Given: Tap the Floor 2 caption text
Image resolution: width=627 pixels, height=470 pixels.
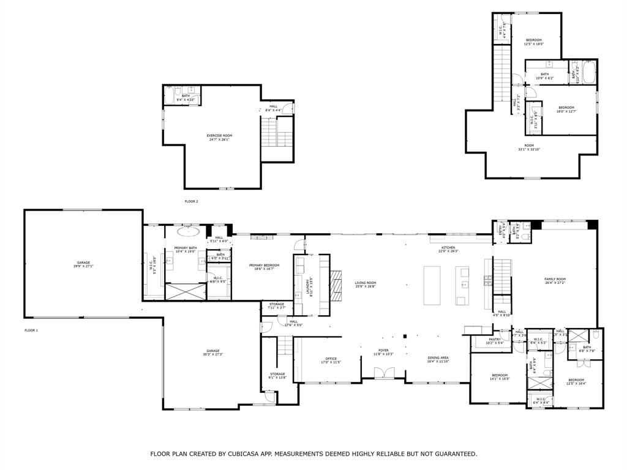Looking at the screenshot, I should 192,201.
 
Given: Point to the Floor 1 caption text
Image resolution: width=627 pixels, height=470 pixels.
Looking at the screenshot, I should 31,330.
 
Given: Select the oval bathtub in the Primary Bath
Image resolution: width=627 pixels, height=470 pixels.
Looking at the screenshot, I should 189,232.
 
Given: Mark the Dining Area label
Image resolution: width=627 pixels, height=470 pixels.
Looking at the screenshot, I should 438,359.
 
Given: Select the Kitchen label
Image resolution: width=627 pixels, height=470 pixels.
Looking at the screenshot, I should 448,248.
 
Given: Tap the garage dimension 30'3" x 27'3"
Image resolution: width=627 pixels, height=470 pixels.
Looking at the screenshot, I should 213,354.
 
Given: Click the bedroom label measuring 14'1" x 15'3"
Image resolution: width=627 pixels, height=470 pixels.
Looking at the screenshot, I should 500,376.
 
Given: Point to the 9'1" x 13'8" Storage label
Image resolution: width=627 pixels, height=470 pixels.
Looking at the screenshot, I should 277,376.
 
